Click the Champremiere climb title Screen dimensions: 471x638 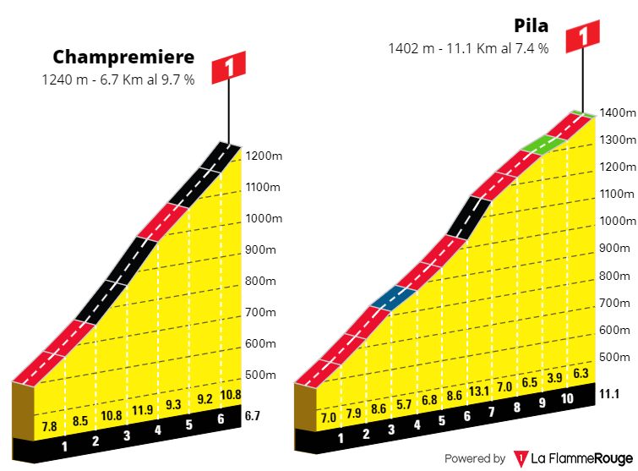pyautogui.click(x=123, y=58)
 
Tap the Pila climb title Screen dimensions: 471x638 pyautogui.click(x=531, y=25)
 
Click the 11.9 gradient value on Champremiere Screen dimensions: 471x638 pyautogui.click(x=142, y=411)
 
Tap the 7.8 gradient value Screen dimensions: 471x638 pyautogui.click(x=50, y=426)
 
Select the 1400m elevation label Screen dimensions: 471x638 pyautogui.click(x=617, y=112)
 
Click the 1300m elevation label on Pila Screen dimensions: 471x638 pyautogui.click(x=617, y=140)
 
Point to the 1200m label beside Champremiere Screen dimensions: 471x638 pyautogui.click(x=264, y=156)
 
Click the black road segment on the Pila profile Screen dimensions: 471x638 pyautogui.click(x=469, y=217)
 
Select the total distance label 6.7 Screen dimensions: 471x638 pyautogui.click(x=253, y=415)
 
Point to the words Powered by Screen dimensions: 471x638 pyautogui.click(x=475, y=458)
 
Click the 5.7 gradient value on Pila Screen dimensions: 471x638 pyautogui.click(x=405, y=403)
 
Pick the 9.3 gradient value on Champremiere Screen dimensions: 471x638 pyautogui.click(x=173, y=405)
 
